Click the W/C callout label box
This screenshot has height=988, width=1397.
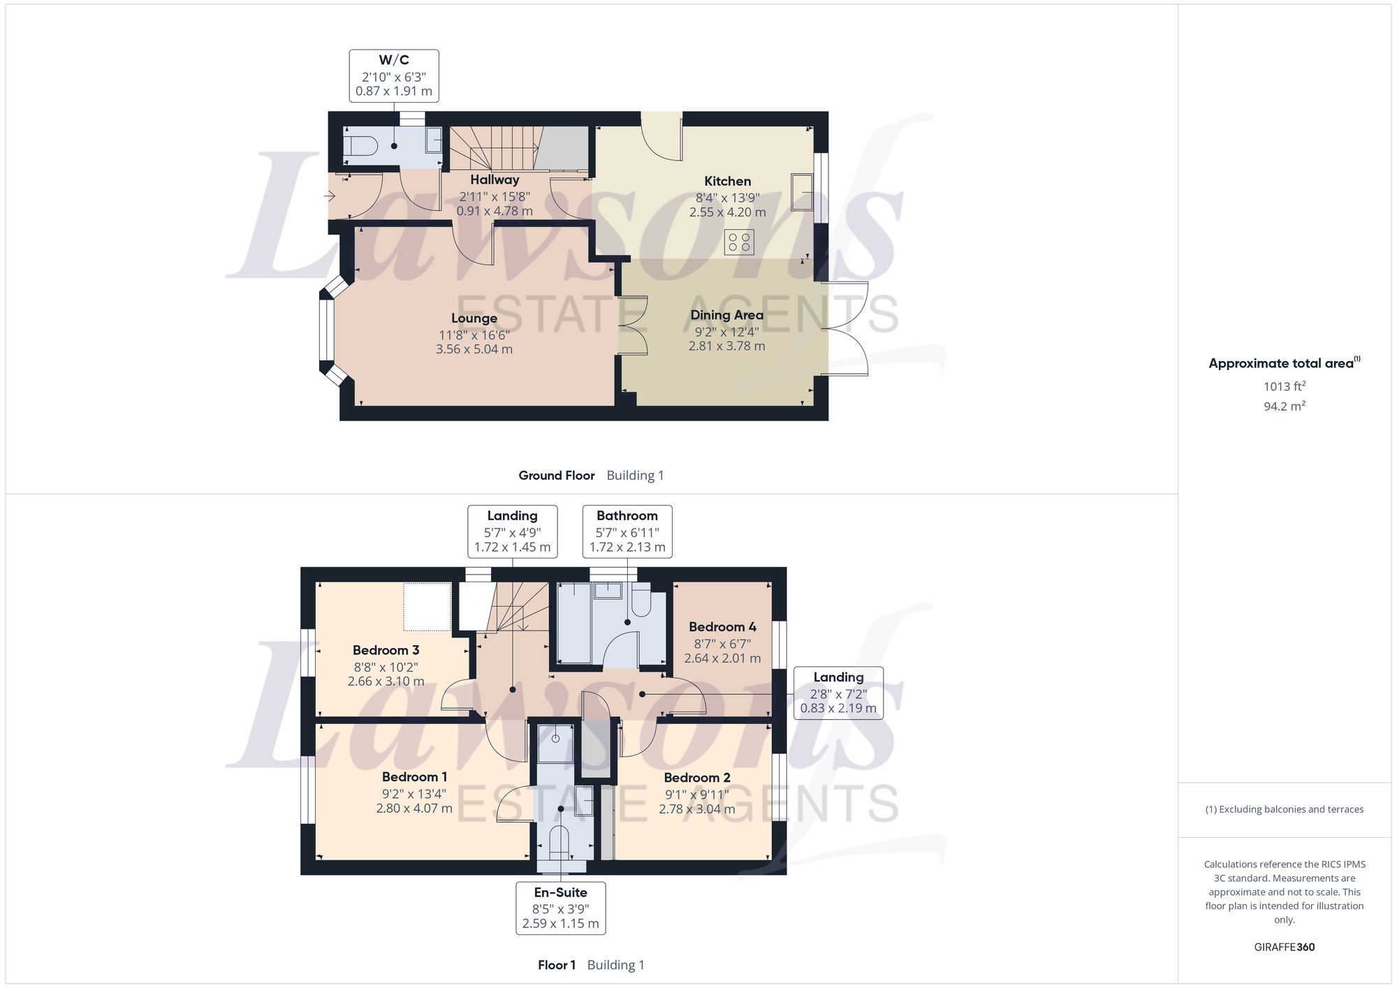click(394, 75)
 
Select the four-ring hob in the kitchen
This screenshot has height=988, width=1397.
click(739, 242)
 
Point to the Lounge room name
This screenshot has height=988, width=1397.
click(474, 318)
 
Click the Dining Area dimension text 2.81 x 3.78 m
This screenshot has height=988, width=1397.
click(726, 346)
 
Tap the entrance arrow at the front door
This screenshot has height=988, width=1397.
click(330, 197)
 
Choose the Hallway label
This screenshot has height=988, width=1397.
click(495, 180)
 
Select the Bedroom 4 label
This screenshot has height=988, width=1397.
click(722, 627)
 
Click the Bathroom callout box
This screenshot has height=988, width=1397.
click(627, 531)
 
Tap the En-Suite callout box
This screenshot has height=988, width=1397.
click(560, 908)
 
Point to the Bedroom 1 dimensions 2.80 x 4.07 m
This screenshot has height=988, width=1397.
click(414, 809)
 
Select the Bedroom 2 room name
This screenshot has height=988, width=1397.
click(696, 778)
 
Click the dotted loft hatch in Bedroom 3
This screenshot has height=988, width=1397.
click(427, 607)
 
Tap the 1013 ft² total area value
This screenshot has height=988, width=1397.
click(1284, 386)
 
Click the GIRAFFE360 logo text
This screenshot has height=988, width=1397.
click(1284, 947)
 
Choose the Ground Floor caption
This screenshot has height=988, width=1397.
click(556, 475)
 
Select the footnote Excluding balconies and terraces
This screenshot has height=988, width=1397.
click(1284, 809)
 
